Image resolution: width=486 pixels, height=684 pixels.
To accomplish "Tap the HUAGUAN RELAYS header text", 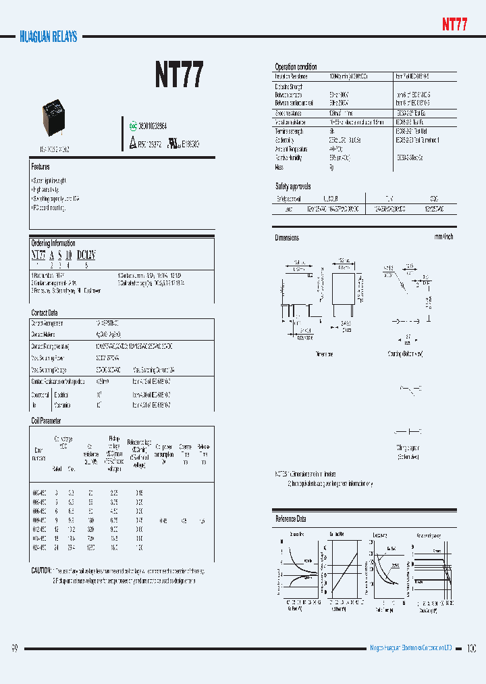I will click(48, 36).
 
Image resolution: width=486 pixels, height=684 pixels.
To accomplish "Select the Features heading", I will click(40, 166).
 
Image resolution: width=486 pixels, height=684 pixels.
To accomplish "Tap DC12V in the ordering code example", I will click(86, 255).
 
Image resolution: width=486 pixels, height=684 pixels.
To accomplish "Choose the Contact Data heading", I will click(45, 313).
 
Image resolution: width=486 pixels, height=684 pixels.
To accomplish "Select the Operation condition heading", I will click(296, 67).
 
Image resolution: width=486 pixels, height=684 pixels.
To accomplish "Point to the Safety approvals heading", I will click(293, 186).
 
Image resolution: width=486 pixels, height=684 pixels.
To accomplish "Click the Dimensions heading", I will click(287, 238).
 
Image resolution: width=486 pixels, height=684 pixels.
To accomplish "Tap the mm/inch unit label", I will click(443, 237).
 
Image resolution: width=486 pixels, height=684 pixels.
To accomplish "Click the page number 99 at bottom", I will click(14, 649).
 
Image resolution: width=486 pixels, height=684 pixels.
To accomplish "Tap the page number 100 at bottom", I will click(471, 649).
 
